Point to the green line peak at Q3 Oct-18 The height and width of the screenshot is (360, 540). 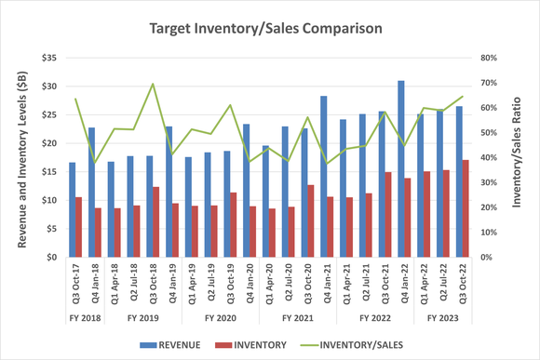[153, 84]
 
